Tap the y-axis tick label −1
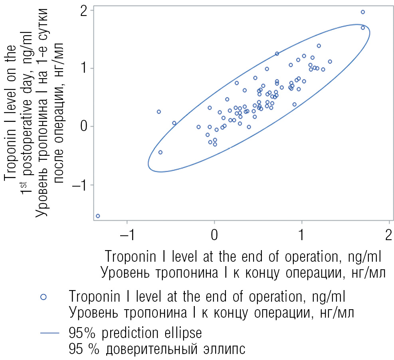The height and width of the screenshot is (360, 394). pos(81,185)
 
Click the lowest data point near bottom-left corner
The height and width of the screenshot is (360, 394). pos(98,216)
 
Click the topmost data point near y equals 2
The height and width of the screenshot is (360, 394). pos(363,12)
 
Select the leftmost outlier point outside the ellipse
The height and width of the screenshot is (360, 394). pos(158,112)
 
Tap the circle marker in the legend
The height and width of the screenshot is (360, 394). pos(44,297)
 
